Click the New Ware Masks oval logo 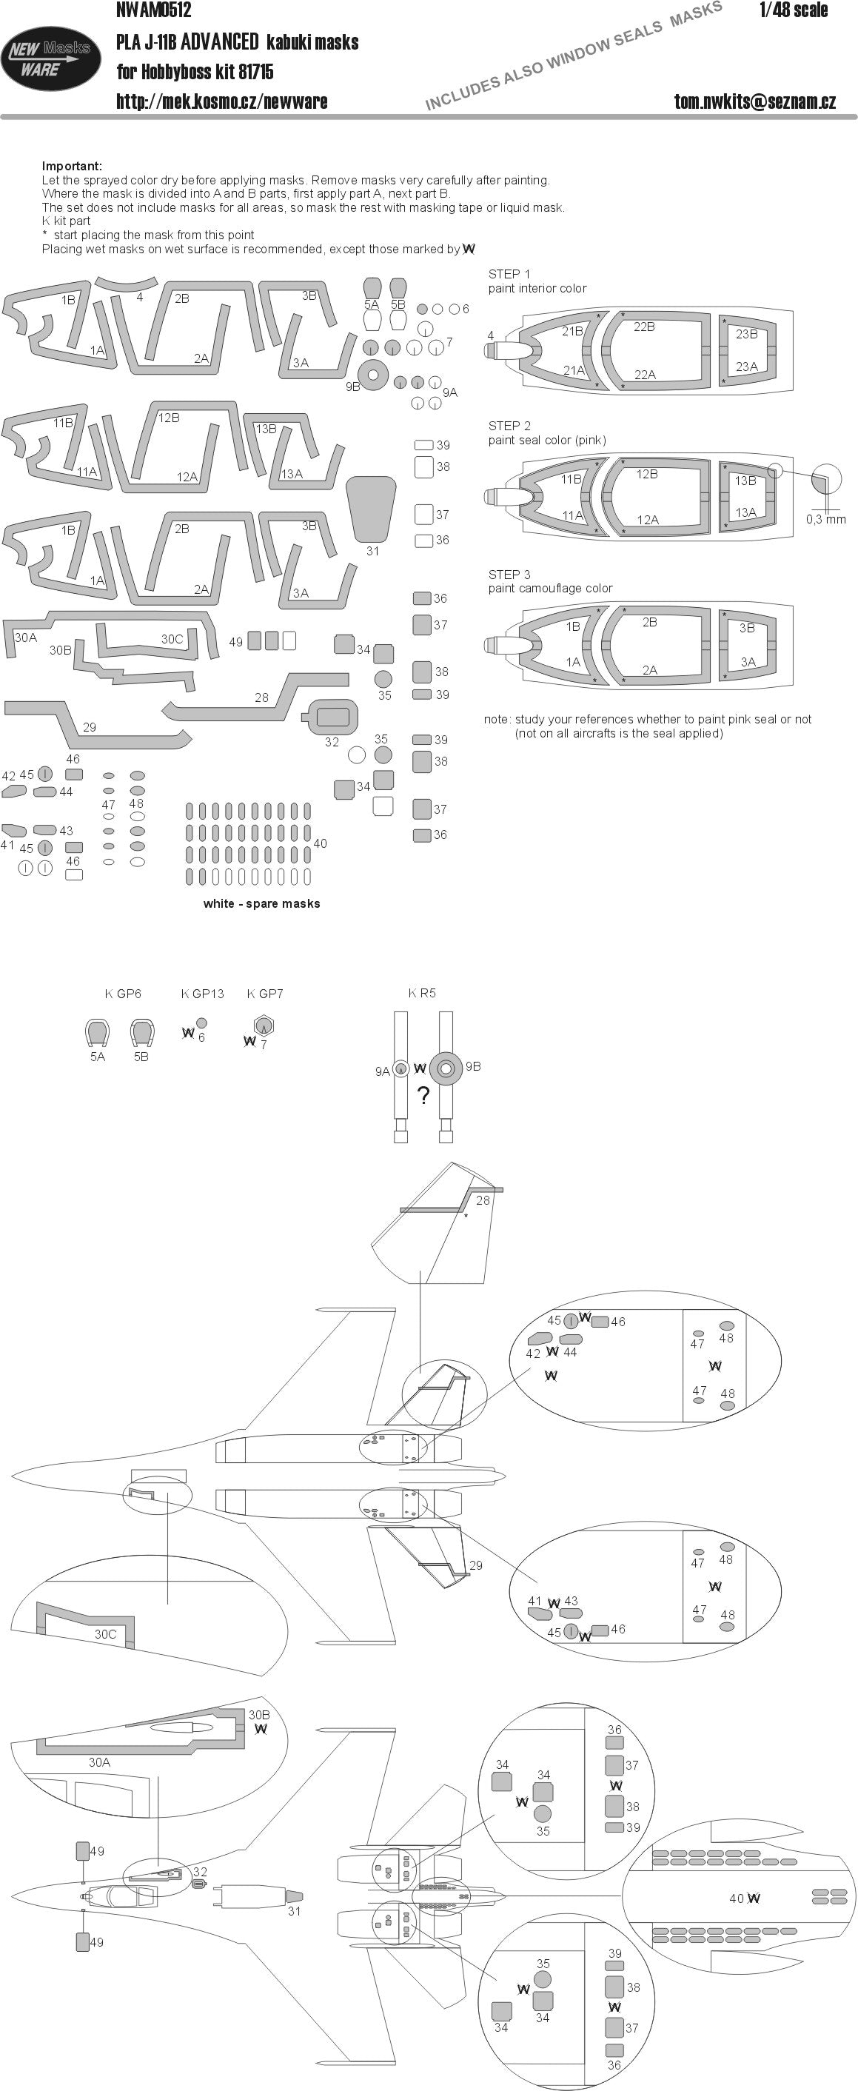pos(50,58)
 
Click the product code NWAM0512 pos(153,10)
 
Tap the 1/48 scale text pos(793,10)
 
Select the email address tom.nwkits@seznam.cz pos(754,101)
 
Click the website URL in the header pos(221,101)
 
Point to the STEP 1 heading pos(509,275)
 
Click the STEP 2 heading pos(509,426)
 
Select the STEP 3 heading pos(509,575)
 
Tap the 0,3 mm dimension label pos(825,520)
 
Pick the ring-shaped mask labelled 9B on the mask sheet pos(372,374)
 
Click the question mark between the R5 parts pos(423,1096)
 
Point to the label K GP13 pos(202,994)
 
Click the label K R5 pos(422,993)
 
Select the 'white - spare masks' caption pos(261,903)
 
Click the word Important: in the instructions pos(73,167)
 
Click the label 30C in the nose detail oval pos(106,1634)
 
